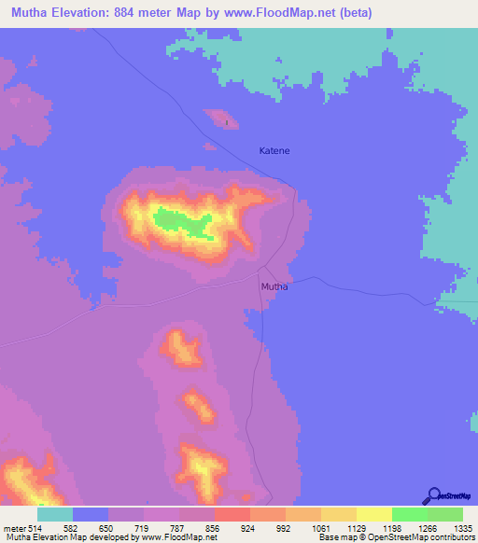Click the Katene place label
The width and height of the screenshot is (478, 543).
coord(274,150)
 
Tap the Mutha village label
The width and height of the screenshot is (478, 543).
coord(274,286)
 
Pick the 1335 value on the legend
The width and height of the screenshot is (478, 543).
coord(463,528)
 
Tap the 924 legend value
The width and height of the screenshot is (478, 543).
coord(249,528)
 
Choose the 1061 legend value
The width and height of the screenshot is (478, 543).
coord(320,528)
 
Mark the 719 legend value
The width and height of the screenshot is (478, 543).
coord(143,528)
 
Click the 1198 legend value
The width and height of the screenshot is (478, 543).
coord(391,528)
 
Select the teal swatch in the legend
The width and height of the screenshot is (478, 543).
coord(54,514)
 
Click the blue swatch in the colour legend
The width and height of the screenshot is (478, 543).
coord(90,514)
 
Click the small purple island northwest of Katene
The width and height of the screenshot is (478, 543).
coord(222,118)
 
